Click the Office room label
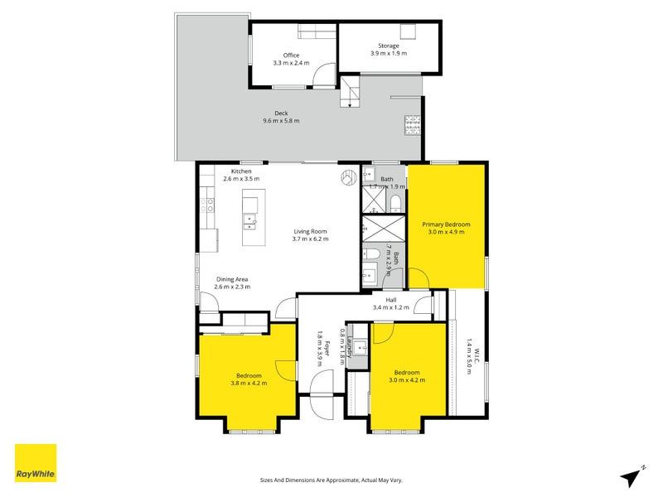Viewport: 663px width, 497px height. tap(291, 55)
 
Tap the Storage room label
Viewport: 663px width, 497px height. tap(388, 46)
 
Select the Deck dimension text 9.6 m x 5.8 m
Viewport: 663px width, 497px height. tap(275, 121)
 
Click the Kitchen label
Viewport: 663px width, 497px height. tap(241, 171)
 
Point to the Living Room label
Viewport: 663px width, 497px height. tap(310, 231)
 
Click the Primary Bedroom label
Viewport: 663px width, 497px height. tap(446, 224)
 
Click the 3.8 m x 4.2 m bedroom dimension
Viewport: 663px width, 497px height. tap(246, 383)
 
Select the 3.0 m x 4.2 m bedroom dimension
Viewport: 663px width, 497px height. tap(406, 380)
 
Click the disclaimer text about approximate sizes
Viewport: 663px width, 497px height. tap(331, 480)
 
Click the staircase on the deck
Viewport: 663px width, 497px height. tap(351, 92)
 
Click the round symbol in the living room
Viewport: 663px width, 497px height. tap(345, 176)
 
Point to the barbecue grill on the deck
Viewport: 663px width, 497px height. tap(412, 125)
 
